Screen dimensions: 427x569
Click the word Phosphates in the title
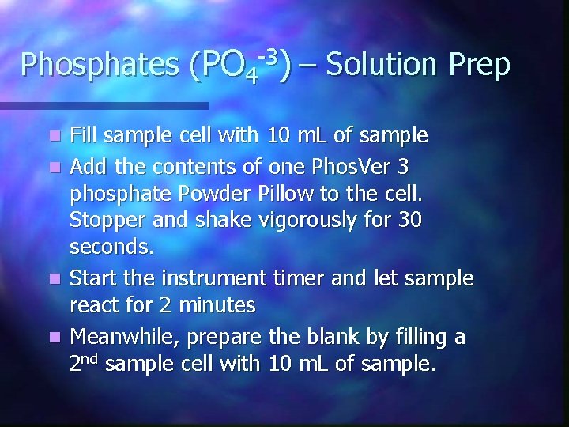coord(98,66)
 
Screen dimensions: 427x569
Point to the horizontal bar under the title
coord(103,105)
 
